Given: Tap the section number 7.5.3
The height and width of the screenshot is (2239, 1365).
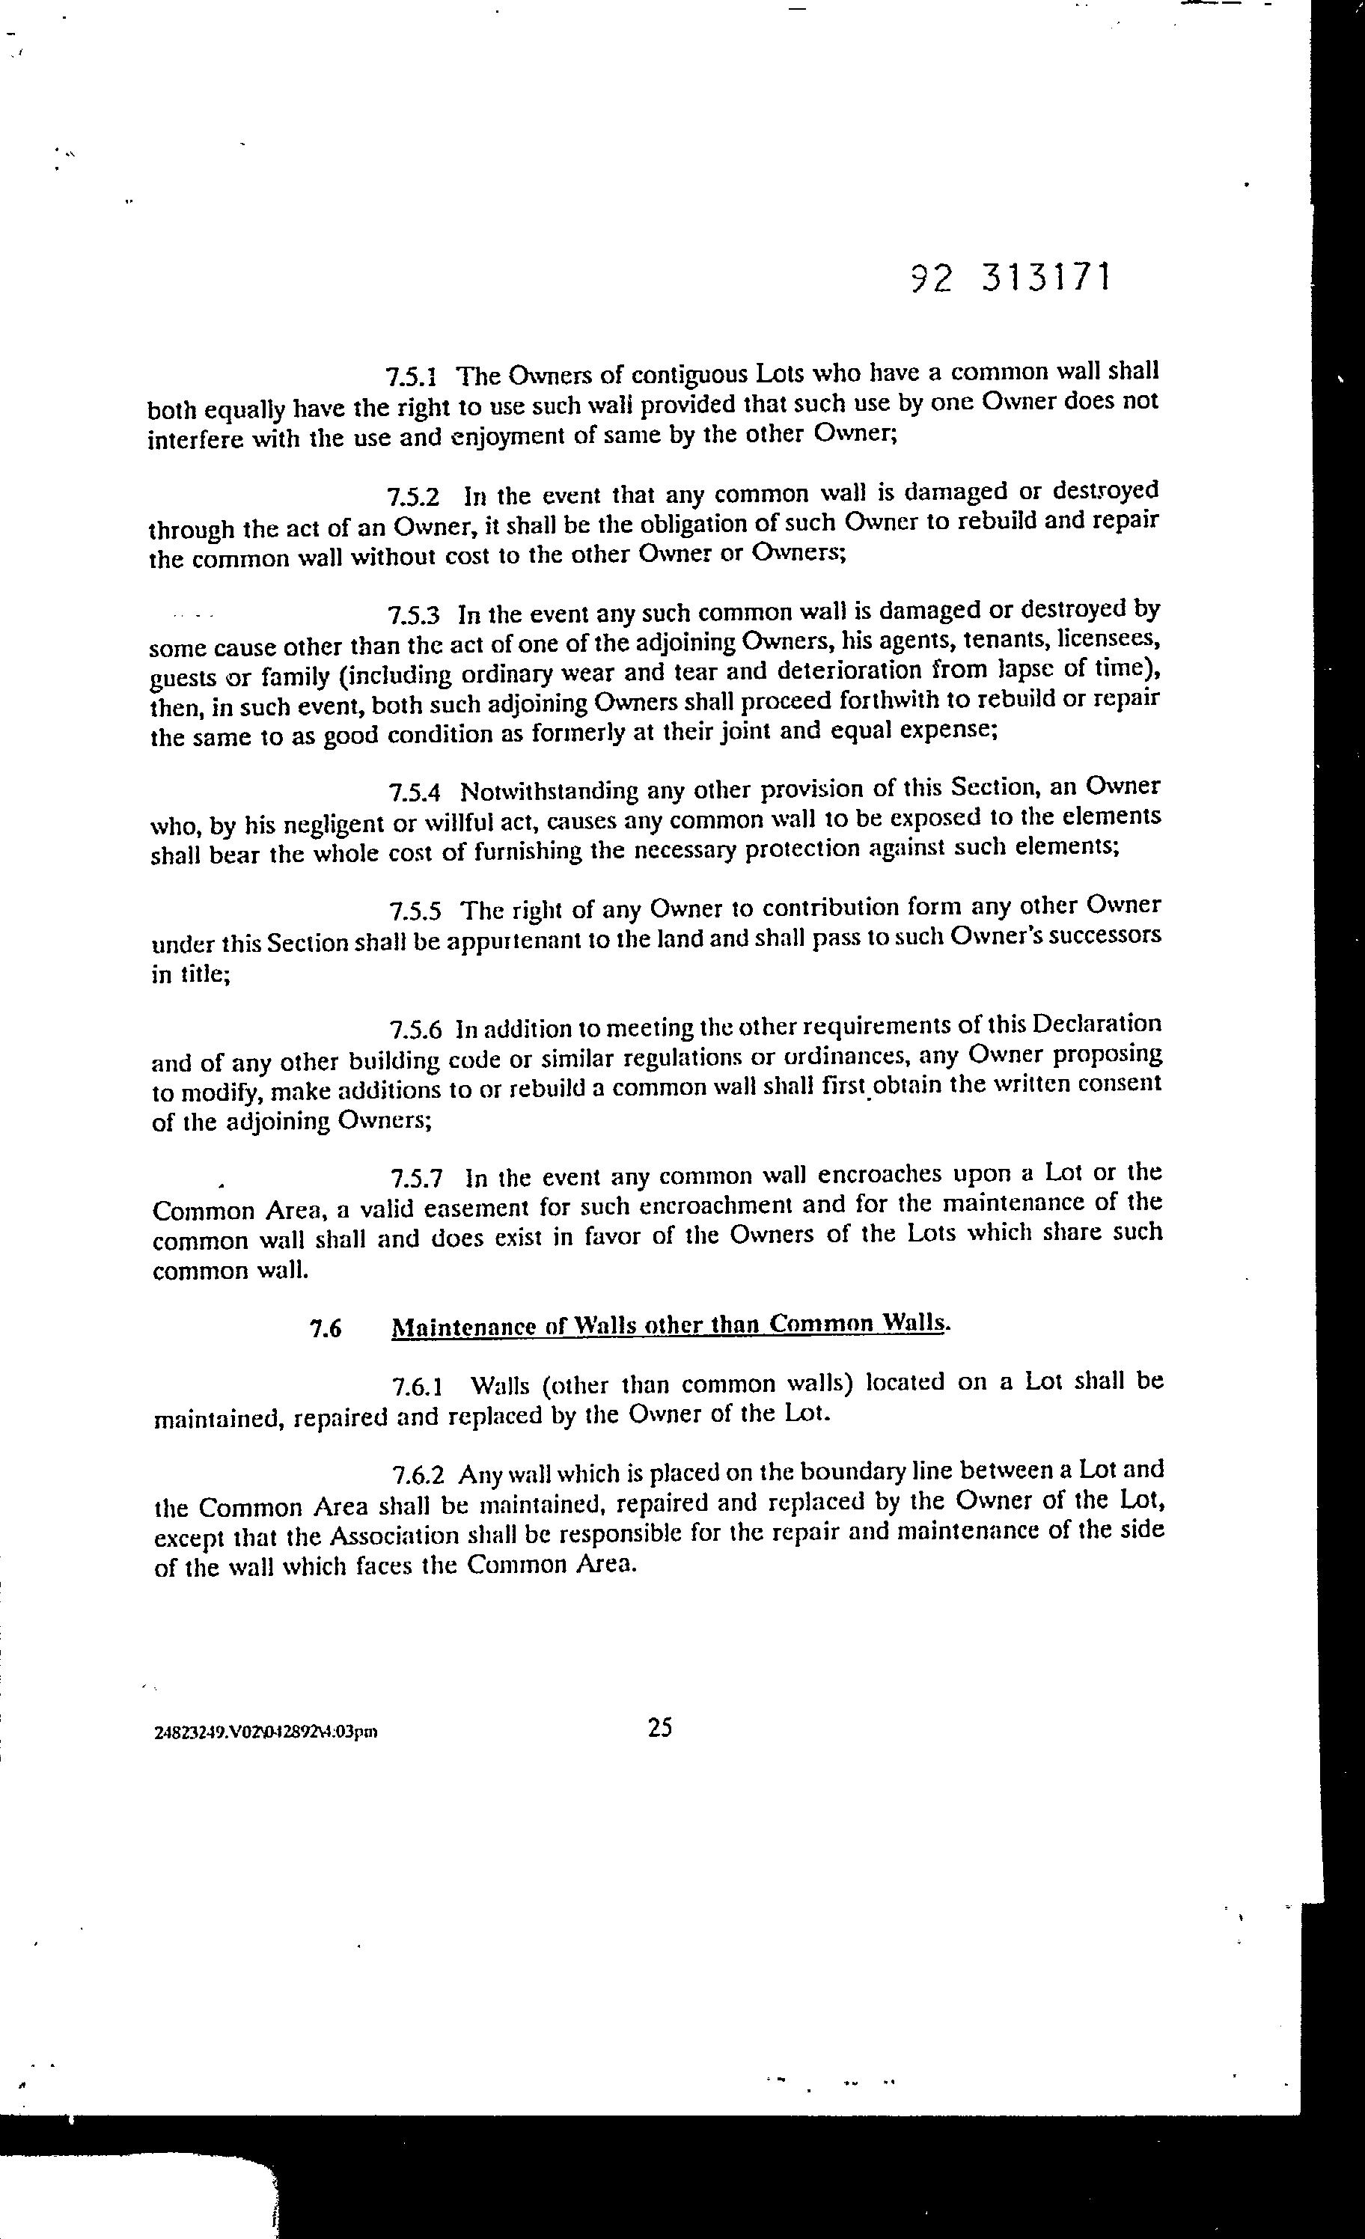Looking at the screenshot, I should point(415,615).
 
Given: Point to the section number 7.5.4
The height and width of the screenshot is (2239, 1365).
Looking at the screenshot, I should point(415,792).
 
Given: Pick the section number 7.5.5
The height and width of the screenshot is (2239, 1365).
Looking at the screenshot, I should point(416,911).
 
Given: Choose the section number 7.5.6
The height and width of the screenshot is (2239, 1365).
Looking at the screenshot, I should point(416,1030).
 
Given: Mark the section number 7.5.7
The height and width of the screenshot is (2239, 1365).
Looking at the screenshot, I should point(417,1179).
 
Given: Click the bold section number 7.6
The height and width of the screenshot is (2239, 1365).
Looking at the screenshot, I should point(326,1328).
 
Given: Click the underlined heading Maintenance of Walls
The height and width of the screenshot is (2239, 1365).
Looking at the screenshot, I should point(670,1326).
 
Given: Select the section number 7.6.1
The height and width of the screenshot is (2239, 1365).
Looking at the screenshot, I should point(418,1387).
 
